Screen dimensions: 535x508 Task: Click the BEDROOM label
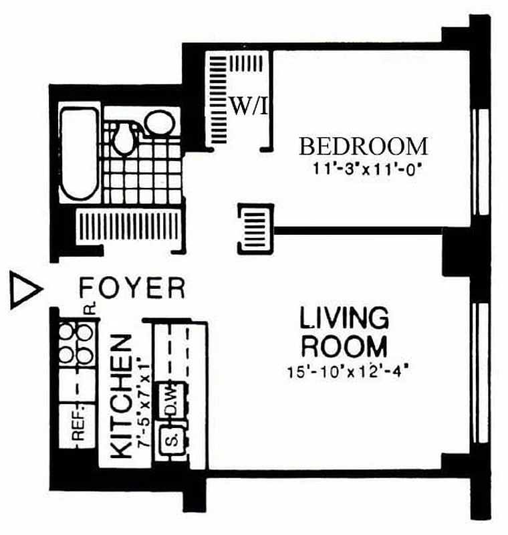(363, 146)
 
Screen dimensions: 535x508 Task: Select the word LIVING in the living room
(344, 318)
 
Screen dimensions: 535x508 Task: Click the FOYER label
(132, 288)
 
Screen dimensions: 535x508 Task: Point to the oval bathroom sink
(159, 124)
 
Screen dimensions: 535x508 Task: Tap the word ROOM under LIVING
(344, 347)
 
